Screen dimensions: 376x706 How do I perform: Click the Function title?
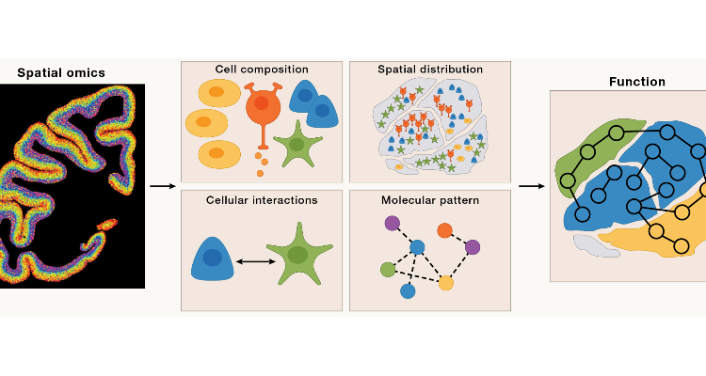pos(636,82)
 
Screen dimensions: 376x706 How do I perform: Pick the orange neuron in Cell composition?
pos(265,108)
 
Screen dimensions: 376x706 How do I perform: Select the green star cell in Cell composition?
pos(298,147)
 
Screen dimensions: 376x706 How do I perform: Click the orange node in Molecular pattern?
pos(445,229)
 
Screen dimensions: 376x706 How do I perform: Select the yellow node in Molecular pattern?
pos(446,283)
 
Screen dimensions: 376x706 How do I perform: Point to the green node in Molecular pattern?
pos(388,270)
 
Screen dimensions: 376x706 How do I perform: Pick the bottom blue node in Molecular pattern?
pos(408,291)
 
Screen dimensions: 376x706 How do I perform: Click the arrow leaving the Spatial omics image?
pos(162,185)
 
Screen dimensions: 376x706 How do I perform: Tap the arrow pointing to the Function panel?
pos(531,185)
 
